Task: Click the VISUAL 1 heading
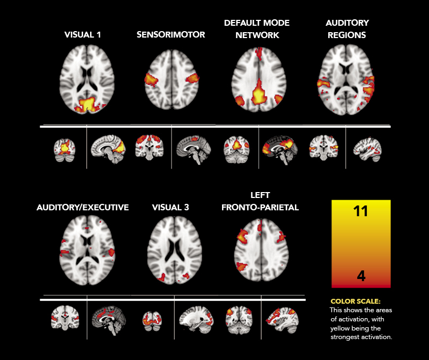(83, 35)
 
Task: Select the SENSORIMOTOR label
(171, 35)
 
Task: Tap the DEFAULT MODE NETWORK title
(257, 29)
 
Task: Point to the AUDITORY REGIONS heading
(347, 29)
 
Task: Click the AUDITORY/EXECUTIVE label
(83, 207)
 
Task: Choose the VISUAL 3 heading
(171, 207)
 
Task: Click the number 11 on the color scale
(361, 211)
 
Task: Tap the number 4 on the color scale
(361, 276)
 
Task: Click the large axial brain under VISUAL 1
(83, 80)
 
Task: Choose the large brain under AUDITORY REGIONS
(346, 80)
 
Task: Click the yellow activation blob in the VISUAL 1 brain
(86, 105)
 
